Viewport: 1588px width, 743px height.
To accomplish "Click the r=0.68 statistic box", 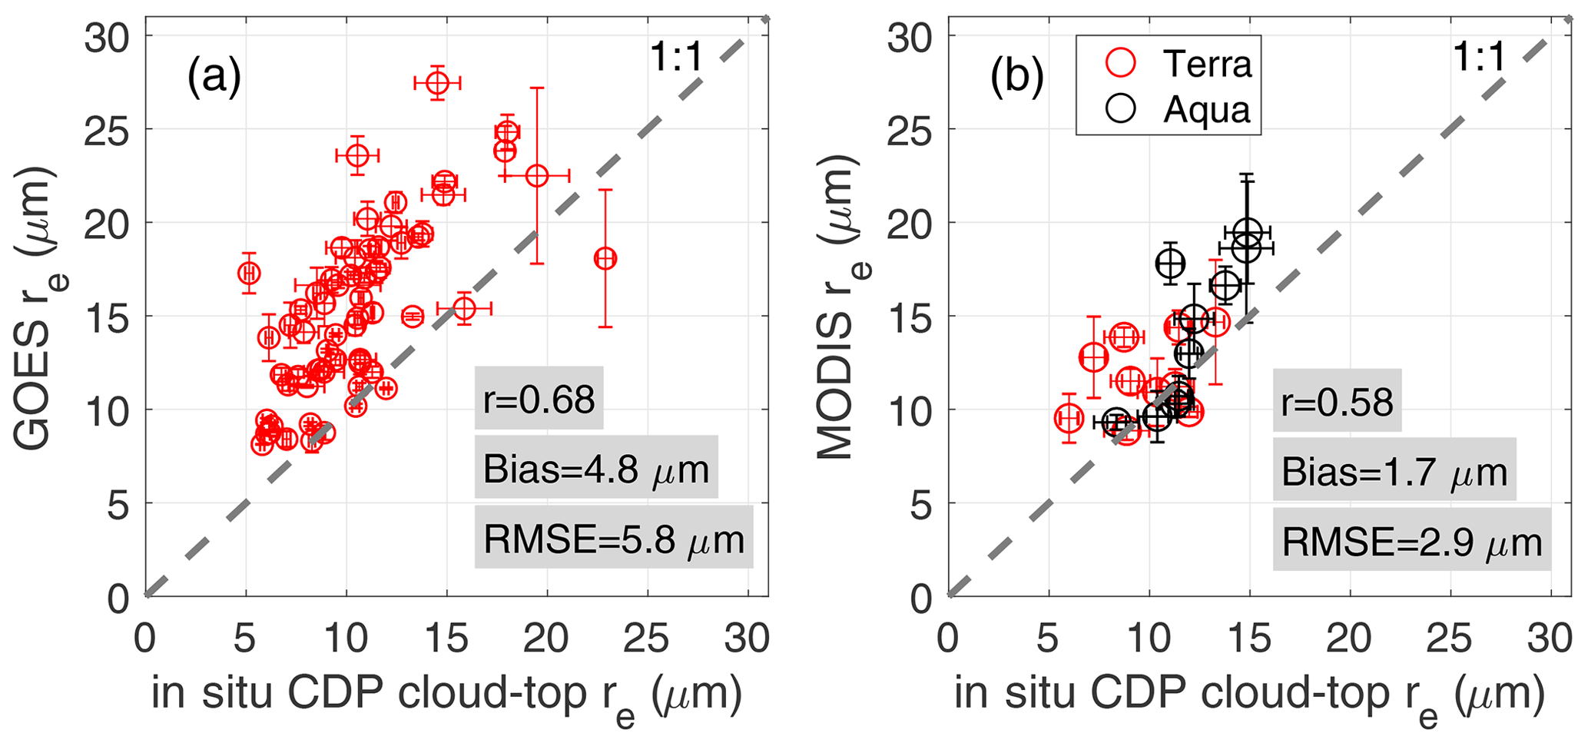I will [x=539, y=399].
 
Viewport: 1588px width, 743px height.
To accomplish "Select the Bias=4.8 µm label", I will [x=595, y=468].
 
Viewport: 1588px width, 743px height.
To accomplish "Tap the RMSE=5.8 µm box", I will [x=613, y=538].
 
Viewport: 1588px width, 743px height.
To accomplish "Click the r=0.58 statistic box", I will [x=1337, y=401].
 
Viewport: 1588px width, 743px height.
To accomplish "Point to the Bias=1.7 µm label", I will [x=1394, y=471].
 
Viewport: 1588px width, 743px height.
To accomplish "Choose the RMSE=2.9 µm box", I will [x=1411, y=541].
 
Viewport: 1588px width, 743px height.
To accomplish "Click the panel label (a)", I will [x=214, y=78].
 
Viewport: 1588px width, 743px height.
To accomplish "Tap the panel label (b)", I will [x=1016, y=78].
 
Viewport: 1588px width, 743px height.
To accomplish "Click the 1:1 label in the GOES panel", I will [x=676, y=58].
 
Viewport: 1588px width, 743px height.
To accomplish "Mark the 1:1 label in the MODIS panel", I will [x=1479, y=58].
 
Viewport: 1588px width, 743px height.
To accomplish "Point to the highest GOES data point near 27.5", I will [x=437, y=82].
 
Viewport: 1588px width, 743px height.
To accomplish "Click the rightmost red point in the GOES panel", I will [x=605, y=258].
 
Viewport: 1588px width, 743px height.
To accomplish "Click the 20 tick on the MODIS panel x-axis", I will [x=1350, y=639].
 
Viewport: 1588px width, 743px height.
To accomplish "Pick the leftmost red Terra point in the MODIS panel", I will [x=1069, y=418].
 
